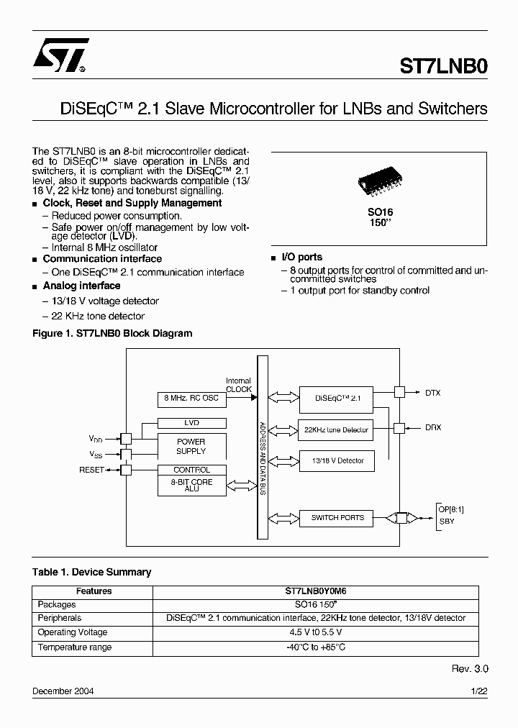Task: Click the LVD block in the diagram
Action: (x=191, y=423)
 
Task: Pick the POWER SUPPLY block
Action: (x=191, y=447)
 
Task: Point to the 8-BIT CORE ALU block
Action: (x=191, y=486)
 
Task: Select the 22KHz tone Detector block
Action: (x=336, y=429)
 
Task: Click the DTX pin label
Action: (x=433, y=393)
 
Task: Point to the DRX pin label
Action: (x=433, y=427)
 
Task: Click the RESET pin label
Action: (x=91, y=470)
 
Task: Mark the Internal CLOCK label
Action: (x=239, y=385)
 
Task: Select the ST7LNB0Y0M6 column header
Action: (x=316, y=591)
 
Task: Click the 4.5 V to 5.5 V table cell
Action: (x=316, y=632)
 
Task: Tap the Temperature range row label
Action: (x=75, y=647)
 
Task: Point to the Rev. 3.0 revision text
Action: (x=470, y=668)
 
